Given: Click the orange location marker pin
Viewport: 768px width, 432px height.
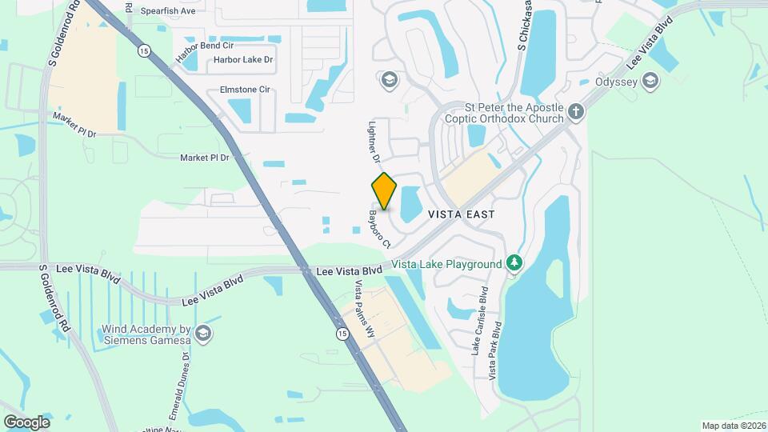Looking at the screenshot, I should (384, 191).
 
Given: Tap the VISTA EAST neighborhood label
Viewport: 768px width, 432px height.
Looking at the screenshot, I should (461, 214).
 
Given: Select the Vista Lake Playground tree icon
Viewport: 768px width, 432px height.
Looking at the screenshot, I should (515, 263).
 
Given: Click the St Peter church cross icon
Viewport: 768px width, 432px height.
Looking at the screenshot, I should (577, 113).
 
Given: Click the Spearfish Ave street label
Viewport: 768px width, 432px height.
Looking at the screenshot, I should (168, 11).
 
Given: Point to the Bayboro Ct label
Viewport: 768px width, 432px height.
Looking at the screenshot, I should (378, 228).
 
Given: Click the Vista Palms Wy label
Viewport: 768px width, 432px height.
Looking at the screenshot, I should (364, 298).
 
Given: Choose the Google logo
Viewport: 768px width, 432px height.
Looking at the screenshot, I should (26, 422).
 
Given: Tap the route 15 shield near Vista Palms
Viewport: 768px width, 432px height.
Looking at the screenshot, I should (342, 334).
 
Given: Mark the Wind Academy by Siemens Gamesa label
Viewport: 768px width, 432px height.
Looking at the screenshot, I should (145, 334).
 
